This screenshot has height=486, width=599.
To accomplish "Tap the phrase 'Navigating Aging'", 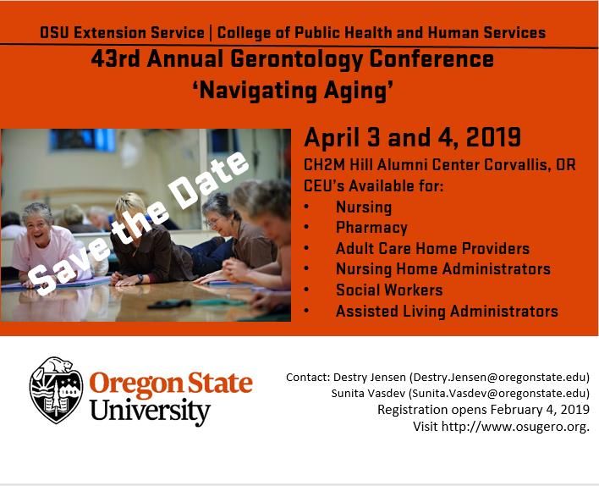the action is pos(293,91).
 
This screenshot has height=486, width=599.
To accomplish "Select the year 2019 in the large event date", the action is pos(493,137).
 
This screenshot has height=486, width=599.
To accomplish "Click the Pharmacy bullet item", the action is pos(371,228).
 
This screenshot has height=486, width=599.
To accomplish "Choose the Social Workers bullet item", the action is pos(389,290).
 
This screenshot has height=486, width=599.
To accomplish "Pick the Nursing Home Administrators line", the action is pos(443,268).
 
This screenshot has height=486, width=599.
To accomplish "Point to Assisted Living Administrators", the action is pos(447,311).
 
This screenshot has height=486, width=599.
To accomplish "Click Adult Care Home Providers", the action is pos(433,248).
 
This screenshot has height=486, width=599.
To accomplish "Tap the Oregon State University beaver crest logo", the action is pos(56,390).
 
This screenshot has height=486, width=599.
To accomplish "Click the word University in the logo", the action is pos(150,411).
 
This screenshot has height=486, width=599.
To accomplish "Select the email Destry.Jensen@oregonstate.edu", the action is pos(499,378).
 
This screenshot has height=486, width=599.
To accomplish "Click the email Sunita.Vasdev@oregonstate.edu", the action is pos(499,394).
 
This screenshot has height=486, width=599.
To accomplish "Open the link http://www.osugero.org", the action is pos(514,427).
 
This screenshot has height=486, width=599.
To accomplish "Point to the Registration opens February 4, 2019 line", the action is pos(483,410).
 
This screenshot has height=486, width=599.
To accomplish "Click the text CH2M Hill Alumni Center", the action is pos(392,165).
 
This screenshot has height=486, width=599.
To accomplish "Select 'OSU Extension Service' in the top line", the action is pos(122,32).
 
